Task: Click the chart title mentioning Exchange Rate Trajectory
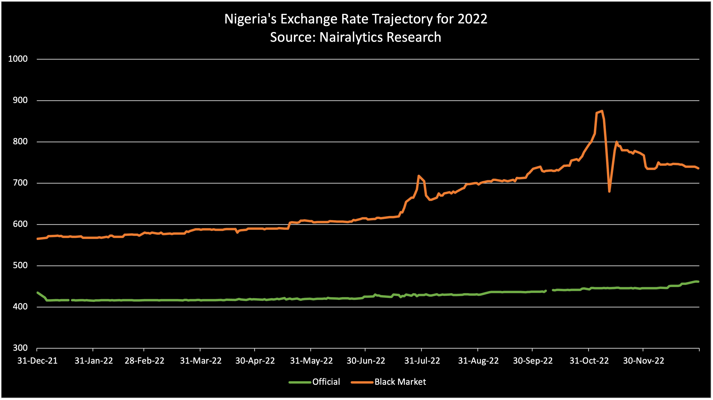point(356,19)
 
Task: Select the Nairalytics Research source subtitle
point(356,37)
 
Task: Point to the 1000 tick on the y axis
point(18,59)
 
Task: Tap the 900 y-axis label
point(20,100)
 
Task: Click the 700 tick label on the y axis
point(20,183)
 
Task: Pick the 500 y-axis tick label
point(20,266)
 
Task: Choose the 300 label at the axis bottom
point(20,348)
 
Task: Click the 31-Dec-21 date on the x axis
point(37,361)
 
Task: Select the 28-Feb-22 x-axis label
point(144,361)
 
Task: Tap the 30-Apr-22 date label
point(255,361)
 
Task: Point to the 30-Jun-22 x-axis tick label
point(366,361)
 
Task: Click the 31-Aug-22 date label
point(478,361)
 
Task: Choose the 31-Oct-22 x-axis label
point(589,361)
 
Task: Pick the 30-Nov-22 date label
point(644,361)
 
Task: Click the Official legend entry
point(326,382)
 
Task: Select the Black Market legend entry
point(400,382)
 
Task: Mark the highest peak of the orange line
point(602,111)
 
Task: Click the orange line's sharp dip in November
point(609,191)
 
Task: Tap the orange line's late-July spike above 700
point(419,176)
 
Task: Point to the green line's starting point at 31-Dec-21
point(37,292)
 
